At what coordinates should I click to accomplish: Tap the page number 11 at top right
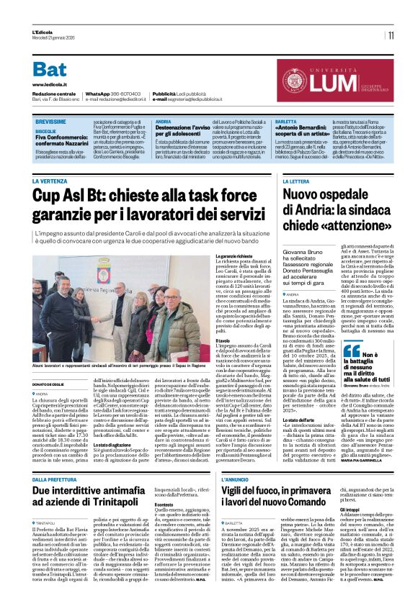[x=390, y=35]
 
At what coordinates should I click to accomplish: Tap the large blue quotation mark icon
[x=352, y=351]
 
